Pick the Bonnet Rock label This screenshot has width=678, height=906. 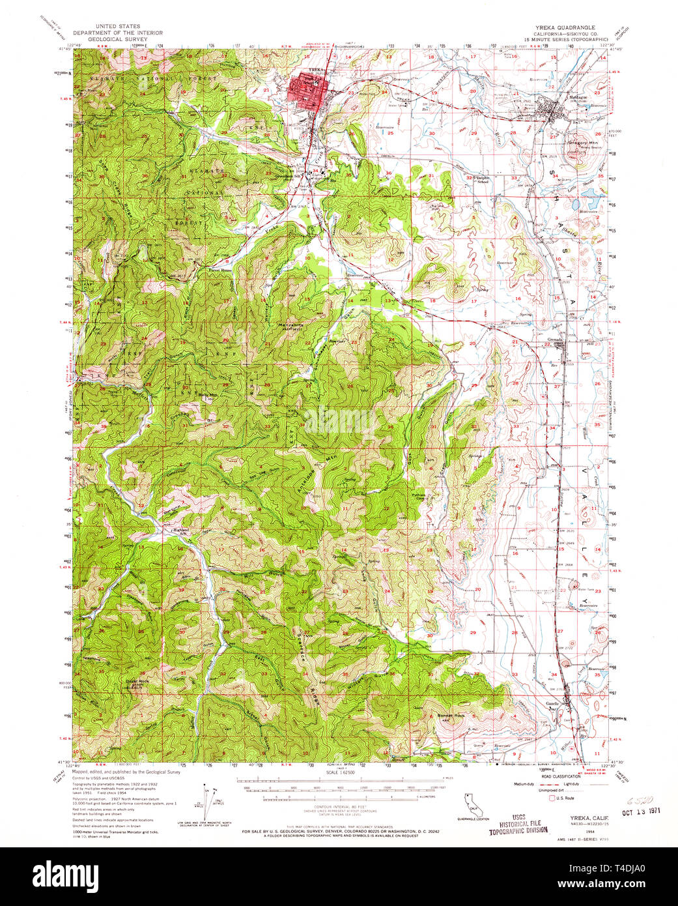(451, 716)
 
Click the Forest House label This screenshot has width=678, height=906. (219, 270)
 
